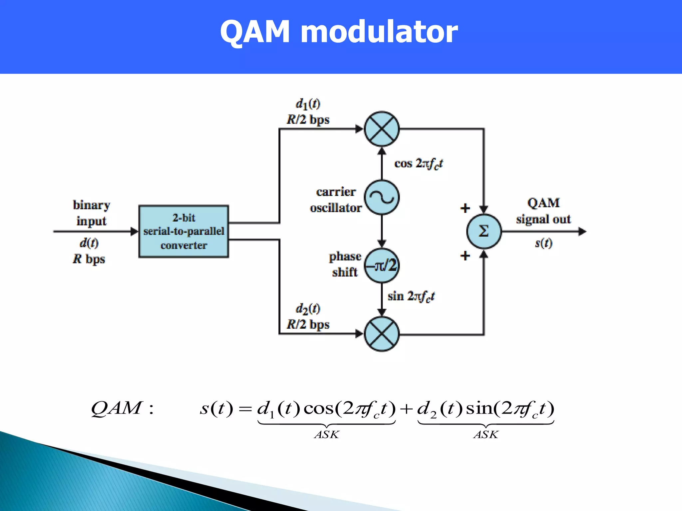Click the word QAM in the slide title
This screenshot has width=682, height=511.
point(255,33)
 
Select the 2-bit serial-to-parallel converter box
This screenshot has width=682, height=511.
point(183,232)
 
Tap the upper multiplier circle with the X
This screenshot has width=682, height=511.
point(382,129)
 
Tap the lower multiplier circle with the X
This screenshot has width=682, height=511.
point(382,334)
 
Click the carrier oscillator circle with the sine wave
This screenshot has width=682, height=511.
point(382,198)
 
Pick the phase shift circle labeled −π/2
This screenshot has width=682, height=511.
point(382,265)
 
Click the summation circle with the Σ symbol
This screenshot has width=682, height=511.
point(484,231)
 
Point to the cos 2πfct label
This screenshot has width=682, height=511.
point(418,164)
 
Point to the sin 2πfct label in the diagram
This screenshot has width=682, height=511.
point(411,296)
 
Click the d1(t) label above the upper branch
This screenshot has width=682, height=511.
point(308,104)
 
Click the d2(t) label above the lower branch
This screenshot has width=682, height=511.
point(308,309)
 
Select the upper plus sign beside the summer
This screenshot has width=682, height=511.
point(465,208)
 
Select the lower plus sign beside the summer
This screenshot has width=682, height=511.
point(465,256)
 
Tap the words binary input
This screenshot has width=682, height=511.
point(91,213)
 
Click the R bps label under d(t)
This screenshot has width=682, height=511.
point(89,259)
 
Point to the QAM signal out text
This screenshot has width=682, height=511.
point(543,211)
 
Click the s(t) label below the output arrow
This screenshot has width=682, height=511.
point(543,243)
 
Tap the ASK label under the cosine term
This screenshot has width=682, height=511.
point(327,434)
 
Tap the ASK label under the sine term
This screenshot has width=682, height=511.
point(486,434)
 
